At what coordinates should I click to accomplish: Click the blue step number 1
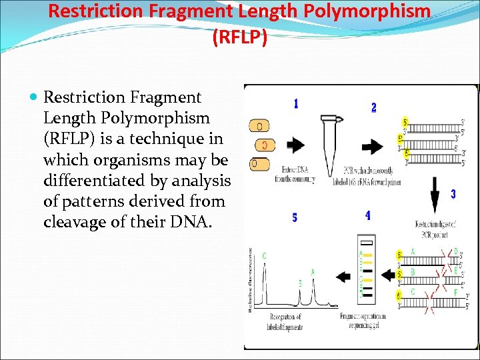click(295, 104)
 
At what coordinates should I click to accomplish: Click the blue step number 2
click(373, 107)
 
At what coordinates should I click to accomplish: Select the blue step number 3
click(453, 194)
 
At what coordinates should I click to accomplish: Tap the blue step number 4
click(368, 215)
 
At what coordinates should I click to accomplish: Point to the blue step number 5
click(295, 217)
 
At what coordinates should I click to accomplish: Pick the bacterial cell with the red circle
click(265, 145)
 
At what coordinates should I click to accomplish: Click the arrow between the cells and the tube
click(294, 145)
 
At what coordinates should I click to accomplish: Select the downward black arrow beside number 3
click(435, 197)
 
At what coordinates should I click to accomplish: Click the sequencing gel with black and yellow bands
click(365, 271)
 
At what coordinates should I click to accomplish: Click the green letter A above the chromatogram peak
click(313, 272)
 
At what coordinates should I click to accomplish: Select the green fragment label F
click(455, 292)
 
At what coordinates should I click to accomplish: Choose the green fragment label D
click(455, 251)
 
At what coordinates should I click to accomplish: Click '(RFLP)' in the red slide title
click(239, 38)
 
